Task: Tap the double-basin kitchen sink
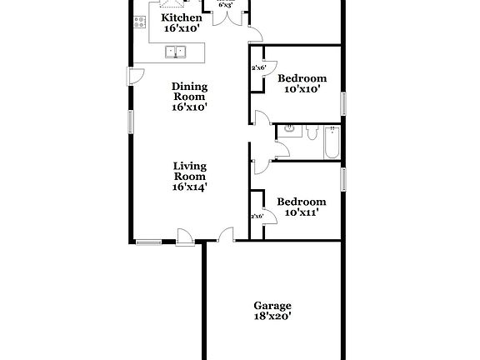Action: tap(177, 52)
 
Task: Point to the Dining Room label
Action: tap(189, 96)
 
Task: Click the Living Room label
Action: tap(189, 176)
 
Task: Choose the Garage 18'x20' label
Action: tap(272, 310)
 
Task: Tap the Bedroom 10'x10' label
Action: tap(301, 83)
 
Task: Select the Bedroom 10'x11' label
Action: tap(301, 207)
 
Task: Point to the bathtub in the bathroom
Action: tap(332, 141)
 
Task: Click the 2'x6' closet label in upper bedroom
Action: tap(257, 68)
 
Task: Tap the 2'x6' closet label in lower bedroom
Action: tap(257, 217)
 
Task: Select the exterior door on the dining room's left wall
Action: tap(132, 77)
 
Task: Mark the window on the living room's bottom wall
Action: tap(149, 242)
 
